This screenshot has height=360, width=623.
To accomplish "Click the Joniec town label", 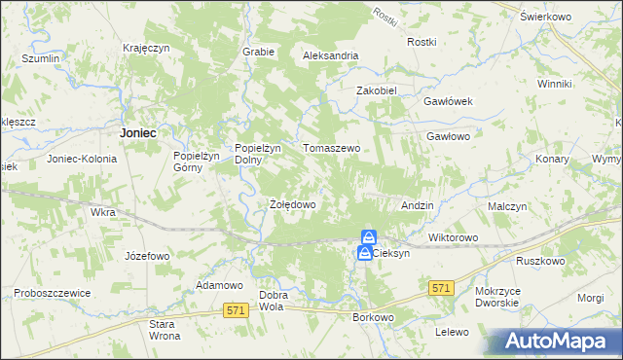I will [138, 132].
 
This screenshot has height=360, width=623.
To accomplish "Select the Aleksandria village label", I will [331, 56].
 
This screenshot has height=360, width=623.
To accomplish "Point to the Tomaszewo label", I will [332, 149].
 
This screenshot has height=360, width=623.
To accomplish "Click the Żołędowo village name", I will [292, 205].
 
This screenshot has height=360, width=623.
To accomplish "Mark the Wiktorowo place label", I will [453, 237].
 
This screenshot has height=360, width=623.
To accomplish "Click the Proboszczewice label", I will [52, 293].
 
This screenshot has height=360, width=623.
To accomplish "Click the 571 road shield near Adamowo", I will [235, 309].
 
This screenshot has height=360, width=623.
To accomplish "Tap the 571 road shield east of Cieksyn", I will [442, 287].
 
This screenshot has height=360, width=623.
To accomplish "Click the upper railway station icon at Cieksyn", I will [369, 237].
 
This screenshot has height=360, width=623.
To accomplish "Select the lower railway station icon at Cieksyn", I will [363, 253].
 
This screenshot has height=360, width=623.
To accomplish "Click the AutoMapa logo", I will [553, 341].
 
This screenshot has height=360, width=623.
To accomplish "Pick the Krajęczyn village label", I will [147, 48].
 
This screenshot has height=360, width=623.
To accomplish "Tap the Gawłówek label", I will [447, 101].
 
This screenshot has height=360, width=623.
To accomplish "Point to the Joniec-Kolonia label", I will [82, 158].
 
